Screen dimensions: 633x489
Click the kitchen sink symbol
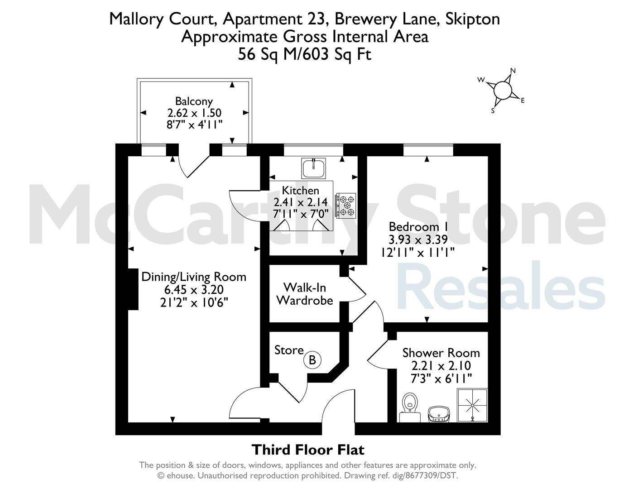313,168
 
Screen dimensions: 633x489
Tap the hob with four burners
346,206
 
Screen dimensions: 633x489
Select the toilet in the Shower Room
410,407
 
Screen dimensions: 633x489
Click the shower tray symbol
472,405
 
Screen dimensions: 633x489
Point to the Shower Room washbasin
439,414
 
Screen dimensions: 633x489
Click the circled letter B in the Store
312,360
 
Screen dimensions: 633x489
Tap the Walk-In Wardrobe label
305,294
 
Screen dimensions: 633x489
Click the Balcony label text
194,101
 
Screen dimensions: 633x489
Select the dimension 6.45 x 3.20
194,289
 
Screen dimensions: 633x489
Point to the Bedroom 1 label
418,226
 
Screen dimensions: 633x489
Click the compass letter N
513,71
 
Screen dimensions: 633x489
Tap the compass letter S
493,110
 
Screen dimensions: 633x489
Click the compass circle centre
503,90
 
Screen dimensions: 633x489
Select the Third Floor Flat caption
308,450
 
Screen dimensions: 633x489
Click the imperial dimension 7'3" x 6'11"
441,379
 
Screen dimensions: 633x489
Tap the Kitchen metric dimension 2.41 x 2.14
301,202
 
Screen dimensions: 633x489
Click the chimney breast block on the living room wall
133,289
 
